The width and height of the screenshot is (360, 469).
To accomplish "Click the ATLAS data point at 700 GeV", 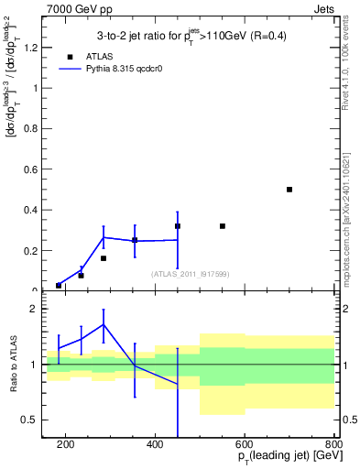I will point(289,190).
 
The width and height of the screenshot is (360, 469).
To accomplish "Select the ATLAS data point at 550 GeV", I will point(223,226).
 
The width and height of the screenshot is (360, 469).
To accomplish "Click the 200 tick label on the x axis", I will point(66,445).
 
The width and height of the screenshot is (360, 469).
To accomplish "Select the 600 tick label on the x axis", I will point(245,445).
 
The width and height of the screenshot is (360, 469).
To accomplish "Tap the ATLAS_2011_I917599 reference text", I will point(190,273).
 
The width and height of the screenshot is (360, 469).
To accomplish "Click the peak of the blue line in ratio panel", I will point(104,324).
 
